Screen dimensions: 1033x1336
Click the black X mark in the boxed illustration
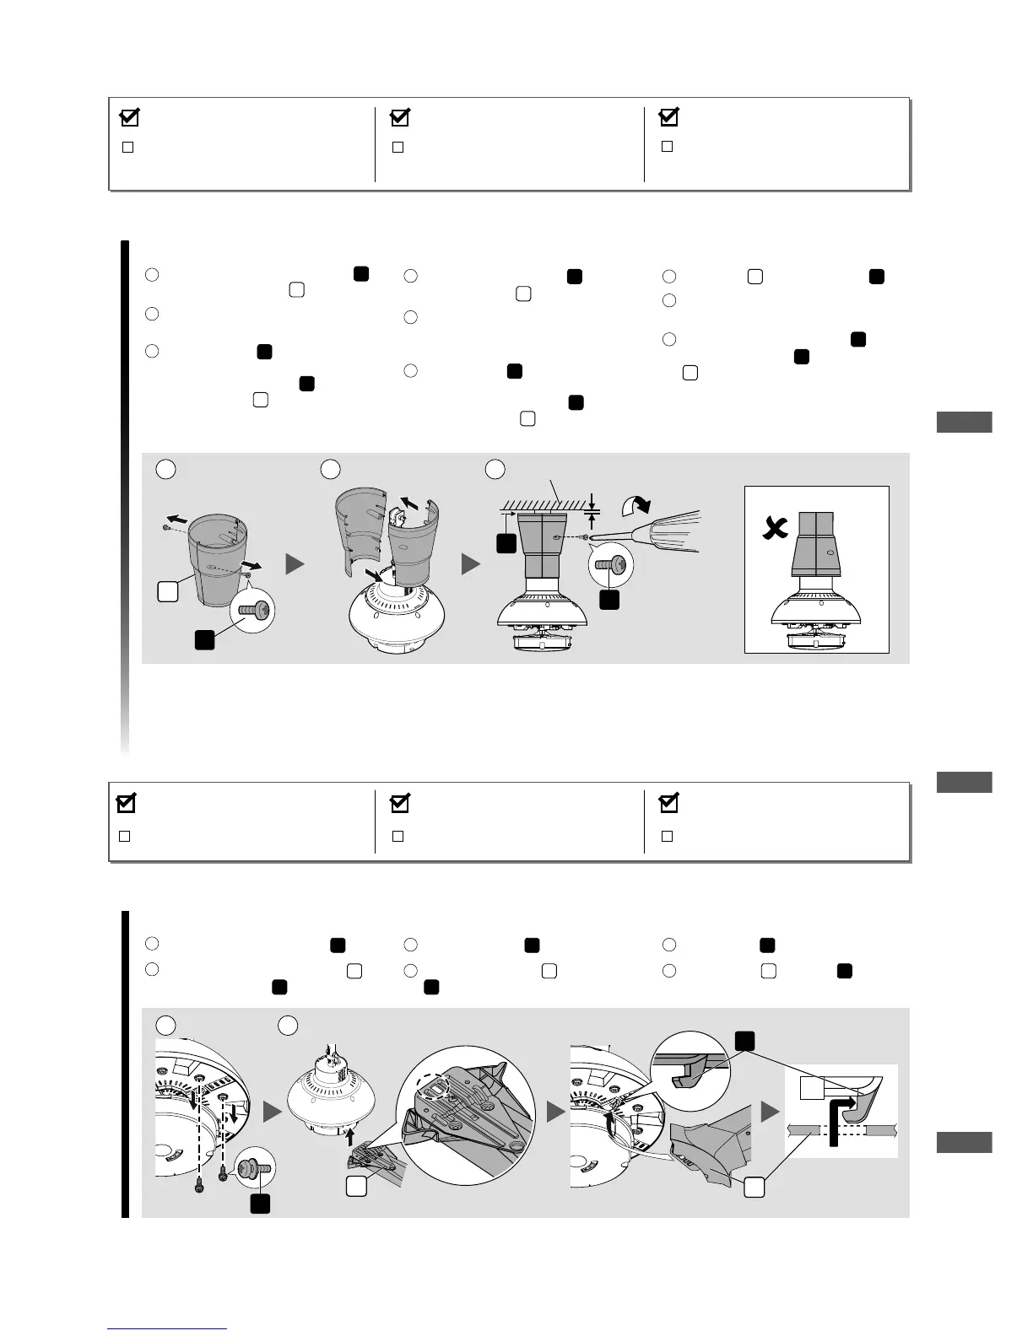pyautogui.click(x=771, y=530)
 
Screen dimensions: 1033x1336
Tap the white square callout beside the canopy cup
pyautogui.click(x=167, y=592)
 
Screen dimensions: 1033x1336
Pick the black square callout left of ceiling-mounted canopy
pyautogui.click(x=506, y=543)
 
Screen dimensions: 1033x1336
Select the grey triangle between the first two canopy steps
pyautogui.click(x=295, y=563)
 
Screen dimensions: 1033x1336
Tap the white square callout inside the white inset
pyautogui.click(x=811, y=1088)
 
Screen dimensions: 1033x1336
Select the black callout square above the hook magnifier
pyautogui.click(x=744, y=1042)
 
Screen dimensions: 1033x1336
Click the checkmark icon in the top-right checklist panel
pyautogui.click(x=668, y=117)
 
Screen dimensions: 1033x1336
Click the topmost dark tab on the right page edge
pyautogui.click(x=965, y=422)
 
